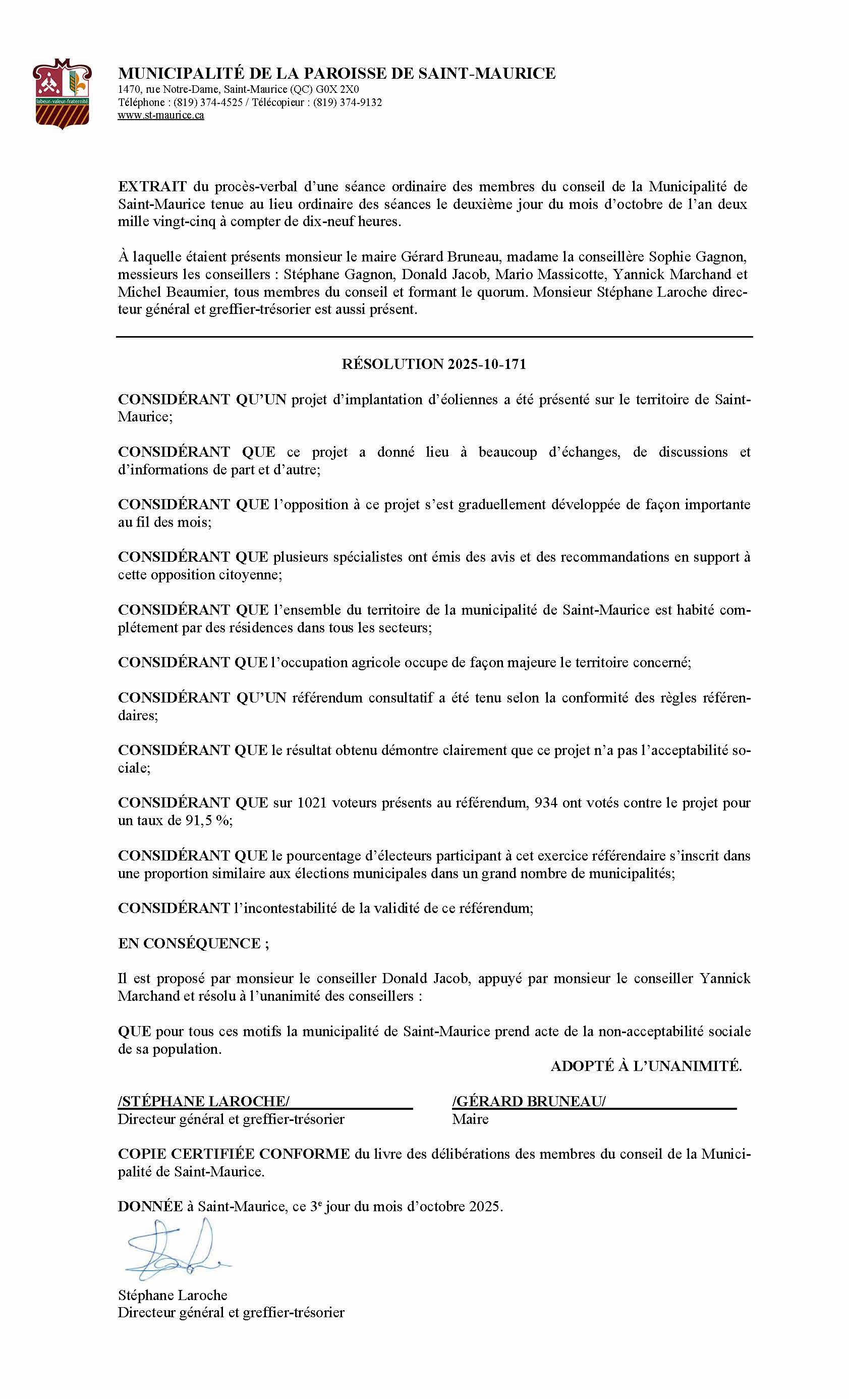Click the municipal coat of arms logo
tap(62, 94)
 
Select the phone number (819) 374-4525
tap(208, 102)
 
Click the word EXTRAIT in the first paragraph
tap(152, 186)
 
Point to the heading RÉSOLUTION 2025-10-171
tap(434, 364)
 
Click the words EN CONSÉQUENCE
tap(193, 943)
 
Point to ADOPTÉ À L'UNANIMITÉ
tap(646, 1066)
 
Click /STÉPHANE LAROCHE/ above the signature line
tap(204, 1101)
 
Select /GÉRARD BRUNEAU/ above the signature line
tap(528, 1101)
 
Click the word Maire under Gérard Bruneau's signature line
tap(470, 1119)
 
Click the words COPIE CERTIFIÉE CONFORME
tap(233, 1154)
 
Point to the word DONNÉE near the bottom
tap(150, 1206)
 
